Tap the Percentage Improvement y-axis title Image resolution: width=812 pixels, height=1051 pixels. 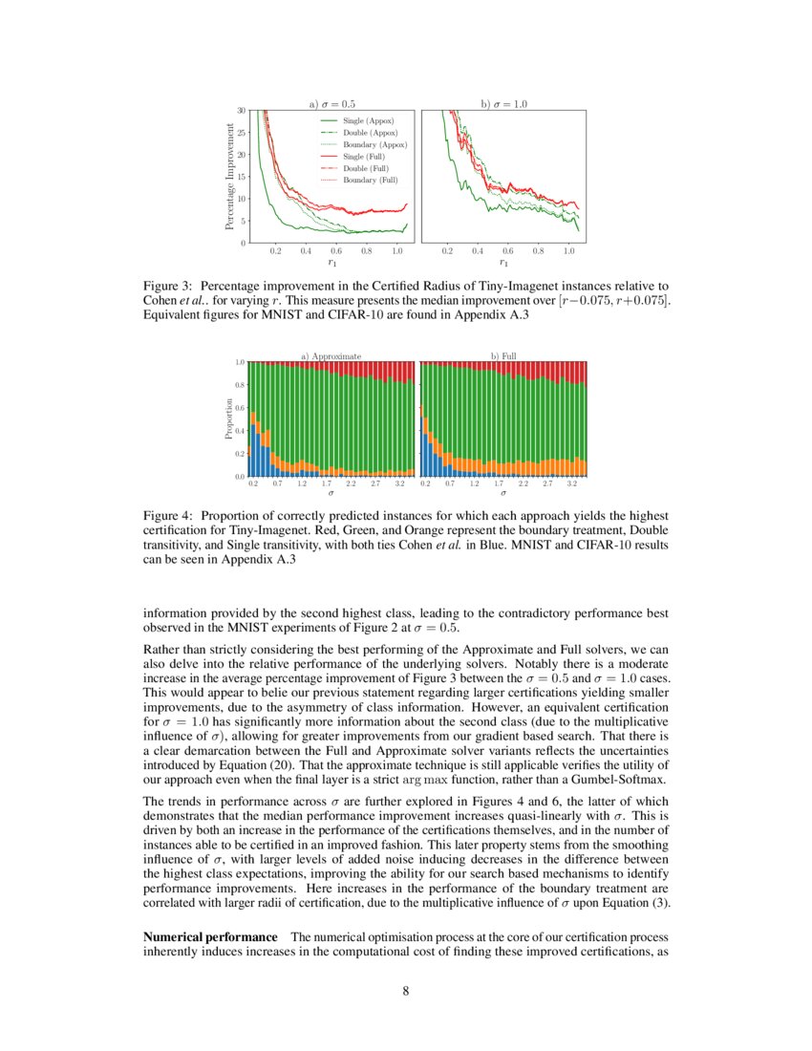point(229,176)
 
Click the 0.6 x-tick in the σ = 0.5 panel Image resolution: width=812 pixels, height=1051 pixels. point(336,250)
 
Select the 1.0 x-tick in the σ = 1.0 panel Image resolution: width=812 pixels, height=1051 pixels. point(568,250)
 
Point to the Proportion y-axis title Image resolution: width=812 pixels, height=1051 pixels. point(229,418)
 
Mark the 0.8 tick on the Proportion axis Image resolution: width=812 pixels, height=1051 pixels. point(240,385)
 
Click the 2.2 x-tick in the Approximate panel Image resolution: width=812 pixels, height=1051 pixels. point(351,484)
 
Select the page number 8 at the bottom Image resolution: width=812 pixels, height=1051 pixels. point(406,991)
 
